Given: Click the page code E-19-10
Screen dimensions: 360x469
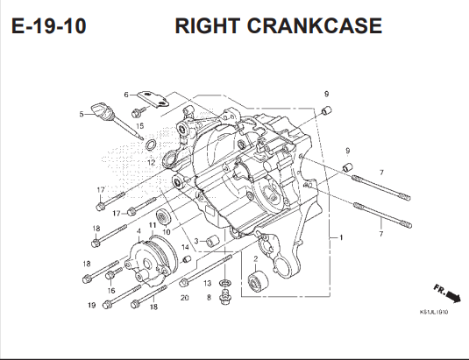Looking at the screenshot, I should coord(49,25).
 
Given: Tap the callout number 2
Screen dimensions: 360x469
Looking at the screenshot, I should coord(255,258).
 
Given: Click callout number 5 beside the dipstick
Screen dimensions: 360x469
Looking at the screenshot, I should coord(82,114).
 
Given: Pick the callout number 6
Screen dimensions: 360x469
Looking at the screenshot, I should coord(126,95).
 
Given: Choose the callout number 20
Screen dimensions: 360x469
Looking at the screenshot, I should coord(184,298).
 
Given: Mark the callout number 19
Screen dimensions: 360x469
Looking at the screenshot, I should coord(91,305).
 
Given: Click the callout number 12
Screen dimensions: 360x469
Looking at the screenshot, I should coord(151,163).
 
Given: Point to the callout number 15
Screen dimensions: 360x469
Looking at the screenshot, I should coord(139,128).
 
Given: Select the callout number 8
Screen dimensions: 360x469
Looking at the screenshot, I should coord(209,298).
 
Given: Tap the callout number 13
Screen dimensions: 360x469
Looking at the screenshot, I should coord(208,284).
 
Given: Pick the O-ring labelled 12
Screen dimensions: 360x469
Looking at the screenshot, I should coord(152,145).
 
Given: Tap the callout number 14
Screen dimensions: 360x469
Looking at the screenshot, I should coord(186,248).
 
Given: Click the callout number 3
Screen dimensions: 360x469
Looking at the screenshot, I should coord(197,241).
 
